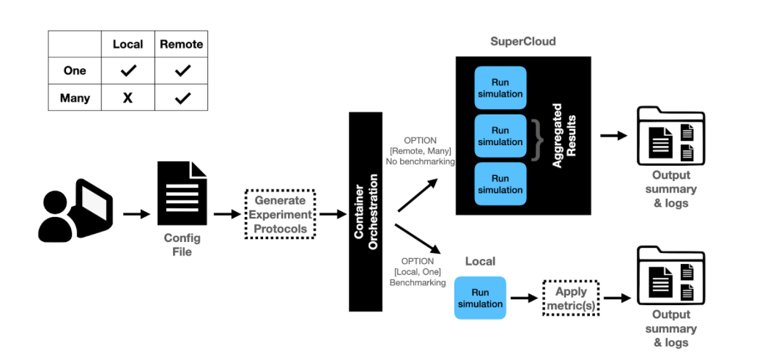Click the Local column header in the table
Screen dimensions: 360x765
coord(127,44)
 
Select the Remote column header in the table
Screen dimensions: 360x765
coord(182,44)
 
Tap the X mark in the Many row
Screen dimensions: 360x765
coord(127,98)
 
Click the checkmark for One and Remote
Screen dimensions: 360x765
coord(182,71)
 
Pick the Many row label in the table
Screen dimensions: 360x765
coord(75,98)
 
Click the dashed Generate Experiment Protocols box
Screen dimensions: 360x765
coord(279,214)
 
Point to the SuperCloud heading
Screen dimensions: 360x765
coord(522,41)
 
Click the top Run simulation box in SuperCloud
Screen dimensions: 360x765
coord(500,88)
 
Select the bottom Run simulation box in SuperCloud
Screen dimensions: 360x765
coord(500,183)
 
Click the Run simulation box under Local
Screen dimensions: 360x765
coord(480,298)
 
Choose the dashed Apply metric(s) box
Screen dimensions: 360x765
coord(571,298)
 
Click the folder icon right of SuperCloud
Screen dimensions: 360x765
coord(670,136)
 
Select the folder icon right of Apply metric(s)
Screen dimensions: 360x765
coord(670,275)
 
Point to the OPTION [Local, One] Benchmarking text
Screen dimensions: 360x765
coord(418,271)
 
